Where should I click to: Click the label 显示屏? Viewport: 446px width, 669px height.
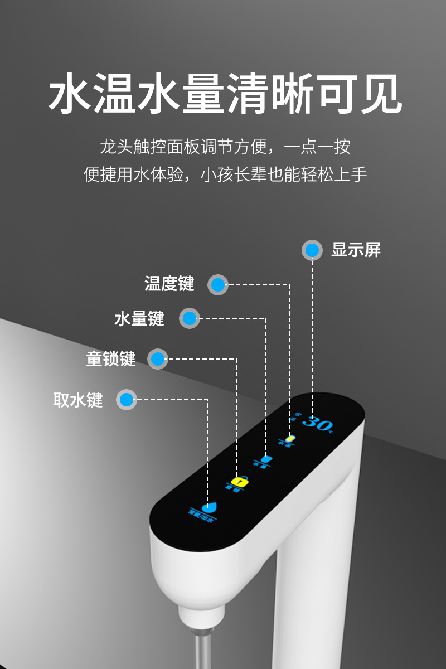coord(356,250)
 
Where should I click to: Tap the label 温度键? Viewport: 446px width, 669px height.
coord(169,284)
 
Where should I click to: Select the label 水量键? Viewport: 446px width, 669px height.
coord(139,319)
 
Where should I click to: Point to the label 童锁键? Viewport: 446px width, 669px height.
coord(111,358)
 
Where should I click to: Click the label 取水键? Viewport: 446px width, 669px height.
coord(78,400)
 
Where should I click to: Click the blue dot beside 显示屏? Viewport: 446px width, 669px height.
coord(312,250)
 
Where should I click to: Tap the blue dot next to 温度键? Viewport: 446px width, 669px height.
coord(218,285)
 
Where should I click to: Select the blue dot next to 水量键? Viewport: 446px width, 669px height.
coord(190,319)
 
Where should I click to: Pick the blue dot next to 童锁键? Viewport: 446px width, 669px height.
coord(158,358)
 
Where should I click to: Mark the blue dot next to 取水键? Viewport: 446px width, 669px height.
coord(127,400)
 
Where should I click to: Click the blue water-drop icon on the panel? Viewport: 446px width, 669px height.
coord(210,507)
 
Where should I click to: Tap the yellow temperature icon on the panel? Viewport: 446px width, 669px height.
coord(289,439)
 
